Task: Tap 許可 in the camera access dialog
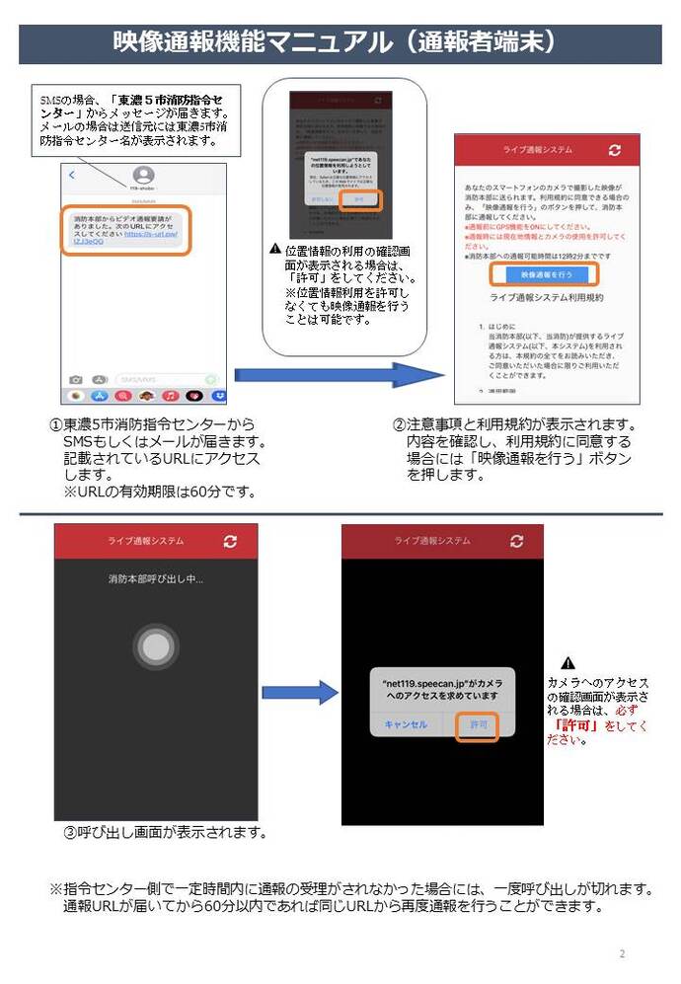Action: coord(479,724)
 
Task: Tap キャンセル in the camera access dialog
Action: coord(406,724)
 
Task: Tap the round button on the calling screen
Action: coord(155,646)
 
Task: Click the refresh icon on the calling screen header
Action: coord(230,542)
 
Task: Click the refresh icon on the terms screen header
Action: coord(616,150)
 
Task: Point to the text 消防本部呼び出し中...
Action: coord(155,578)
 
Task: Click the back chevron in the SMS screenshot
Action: coord(72,175)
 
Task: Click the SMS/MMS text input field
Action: coord(158,379)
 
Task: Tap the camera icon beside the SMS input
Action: coord(75,379)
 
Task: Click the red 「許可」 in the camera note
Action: coord(575,725)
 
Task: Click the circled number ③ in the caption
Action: coord(70,832)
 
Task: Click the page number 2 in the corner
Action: coord(622,953)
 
